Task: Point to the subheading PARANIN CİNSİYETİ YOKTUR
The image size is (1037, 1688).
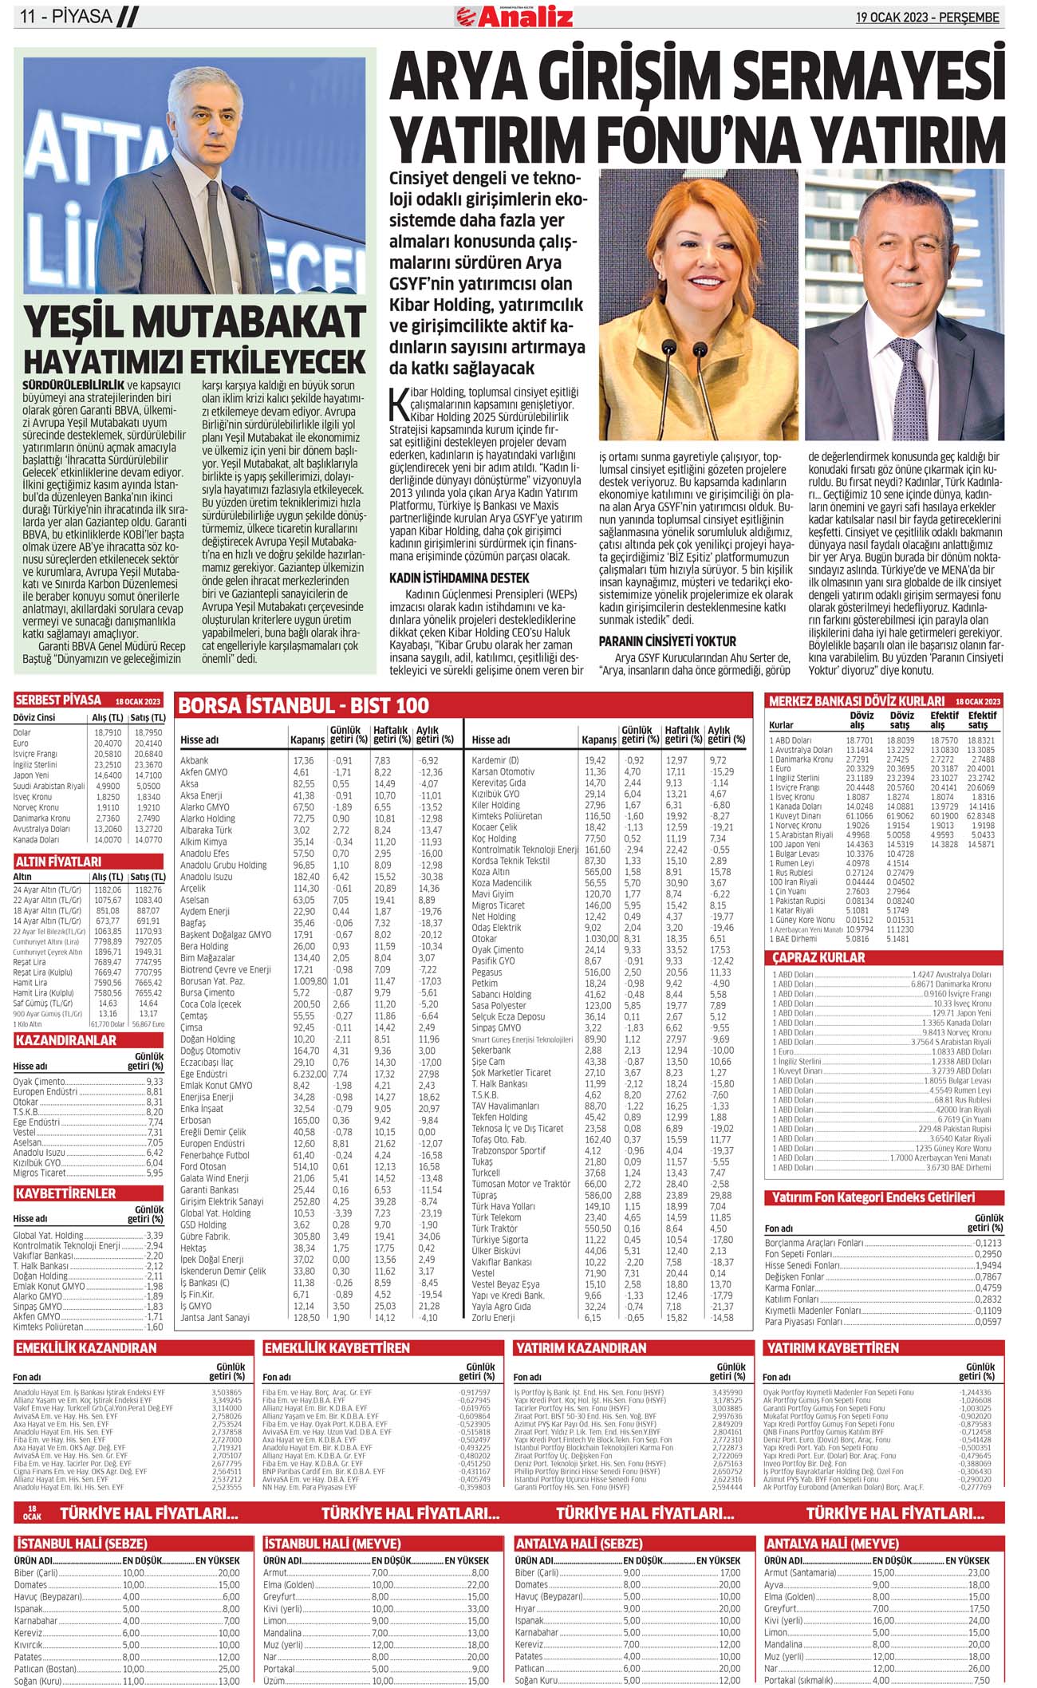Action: [x=667, y=641]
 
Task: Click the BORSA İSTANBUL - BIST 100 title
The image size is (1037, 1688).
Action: [x=303, y=705]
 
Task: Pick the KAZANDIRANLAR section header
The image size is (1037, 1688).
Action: [x=65, y=1040]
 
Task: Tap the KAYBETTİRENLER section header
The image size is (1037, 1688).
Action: [x=65, y=1193]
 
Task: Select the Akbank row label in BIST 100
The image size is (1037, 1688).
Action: [x=194, y=760]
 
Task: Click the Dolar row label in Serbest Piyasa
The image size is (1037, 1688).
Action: [x=22, y=732]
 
